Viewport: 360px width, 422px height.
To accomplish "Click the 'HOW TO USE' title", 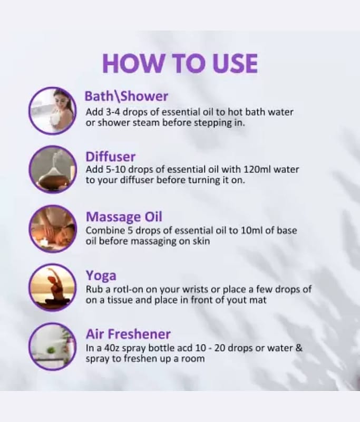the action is click(x=180, y=63).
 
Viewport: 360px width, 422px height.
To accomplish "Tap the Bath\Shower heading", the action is click(x=127, y=96).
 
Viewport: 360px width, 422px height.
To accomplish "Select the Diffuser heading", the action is click(x=111, y=156).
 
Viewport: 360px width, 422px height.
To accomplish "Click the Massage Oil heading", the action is click(x=124, y=217).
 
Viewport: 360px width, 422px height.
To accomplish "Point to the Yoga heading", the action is click(x=101, y=276).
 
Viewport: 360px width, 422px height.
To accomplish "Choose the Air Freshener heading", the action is click(x=128, y=334).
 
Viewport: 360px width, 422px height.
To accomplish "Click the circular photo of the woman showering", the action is click(x=53, y=111).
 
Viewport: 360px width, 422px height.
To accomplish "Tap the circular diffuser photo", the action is click(x=53, y=169).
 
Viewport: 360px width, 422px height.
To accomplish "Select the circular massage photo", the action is click(x=53, y=228).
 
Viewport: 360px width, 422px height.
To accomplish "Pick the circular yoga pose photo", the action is click(x=53, y=287).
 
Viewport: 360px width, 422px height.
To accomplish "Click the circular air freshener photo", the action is click(x=53, y=347).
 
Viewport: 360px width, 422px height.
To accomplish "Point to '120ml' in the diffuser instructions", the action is click(x=257, y=169).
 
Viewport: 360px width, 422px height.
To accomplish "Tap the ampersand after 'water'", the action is click(x=299, y=348).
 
